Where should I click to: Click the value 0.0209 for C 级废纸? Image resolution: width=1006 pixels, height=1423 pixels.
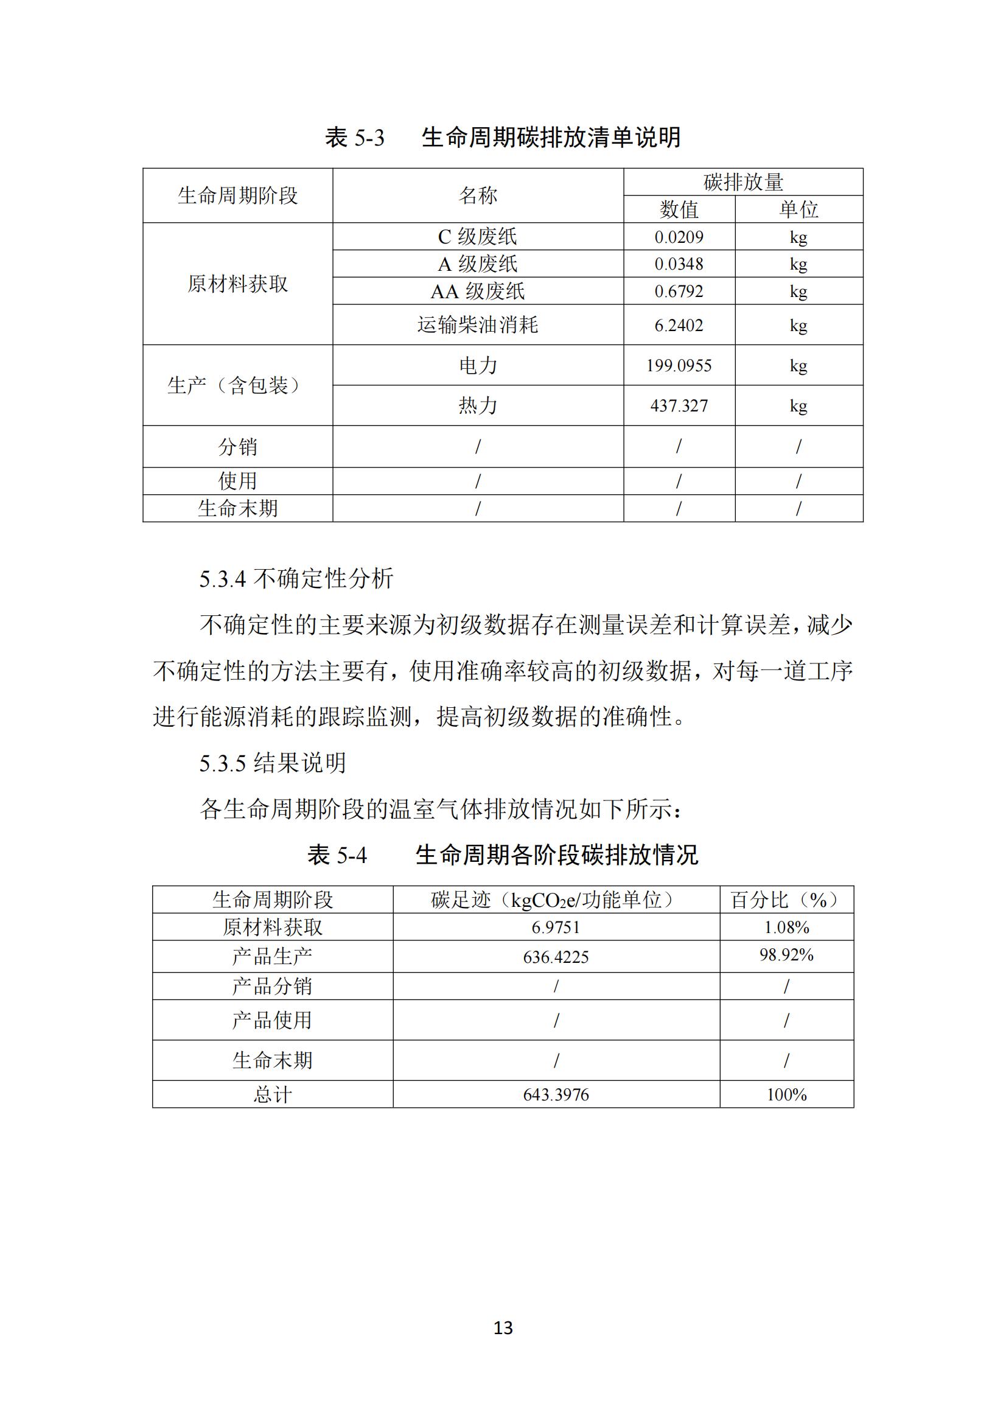[x=679, y=237]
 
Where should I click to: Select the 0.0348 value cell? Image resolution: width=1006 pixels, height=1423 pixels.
[x=679, y=264]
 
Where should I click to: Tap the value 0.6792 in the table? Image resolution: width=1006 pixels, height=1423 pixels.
[x=679, y=292]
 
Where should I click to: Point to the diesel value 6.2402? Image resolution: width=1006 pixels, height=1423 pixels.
[x=679, y=326]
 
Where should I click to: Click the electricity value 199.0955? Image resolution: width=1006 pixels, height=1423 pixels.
[x=679, y=366]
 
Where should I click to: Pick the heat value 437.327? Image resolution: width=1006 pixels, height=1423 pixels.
[x=679, y=406]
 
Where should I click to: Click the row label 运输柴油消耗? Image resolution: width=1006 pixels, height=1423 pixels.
[x=477, y=325]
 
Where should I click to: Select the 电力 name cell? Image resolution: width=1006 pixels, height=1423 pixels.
[x=477, y=366]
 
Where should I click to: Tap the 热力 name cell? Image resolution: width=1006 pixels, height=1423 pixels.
[x=477, y=405]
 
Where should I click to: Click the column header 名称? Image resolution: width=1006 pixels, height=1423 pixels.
[x=477, y=196]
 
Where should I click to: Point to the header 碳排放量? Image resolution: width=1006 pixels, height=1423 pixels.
[x=742, y=182]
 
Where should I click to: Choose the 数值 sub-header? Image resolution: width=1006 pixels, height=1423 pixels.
[x=679, y=209]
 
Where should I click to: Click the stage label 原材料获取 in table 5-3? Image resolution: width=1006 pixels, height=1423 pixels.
[x=237, y=284]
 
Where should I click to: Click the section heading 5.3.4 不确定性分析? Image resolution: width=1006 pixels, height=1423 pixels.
[x=296, y=579]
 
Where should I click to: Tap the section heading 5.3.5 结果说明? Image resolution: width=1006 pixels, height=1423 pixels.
[x=273, y=763]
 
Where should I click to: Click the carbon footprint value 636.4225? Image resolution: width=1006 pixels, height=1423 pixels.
[x=556, y=957]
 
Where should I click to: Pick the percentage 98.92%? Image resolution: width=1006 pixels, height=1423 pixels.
[x=786, y=955]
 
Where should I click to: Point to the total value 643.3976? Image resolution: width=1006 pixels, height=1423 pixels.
[x=556, y=1095]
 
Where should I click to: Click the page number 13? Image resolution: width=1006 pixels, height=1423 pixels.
[x=503, y=1328]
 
